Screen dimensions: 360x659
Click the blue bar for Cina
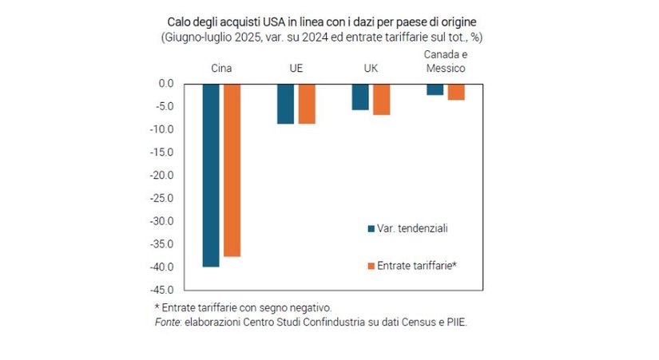tap(211, 175)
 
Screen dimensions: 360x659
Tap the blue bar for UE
tap(285, 104)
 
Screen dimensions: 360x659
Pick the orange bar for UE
tap(307, 104)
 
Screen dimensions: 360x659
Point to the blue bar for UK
tap(360, 97)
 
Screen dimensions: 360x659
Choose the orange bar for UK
tap(381, 99)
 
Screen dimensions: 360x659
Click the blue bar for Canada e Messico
tap(435, 89)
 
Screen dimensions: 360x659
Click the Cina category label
tap(221, 69)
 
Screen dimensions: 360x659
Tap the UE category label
tap(296, 69)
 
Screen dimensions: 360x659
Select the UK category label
tap(371, 69)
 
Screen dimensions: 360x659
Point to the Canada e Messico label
tap(445, 61)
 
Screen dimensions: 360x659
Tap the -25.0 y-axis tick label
tap(163, 198)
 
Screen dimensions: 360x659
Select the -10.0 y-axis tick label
tap(163, 129)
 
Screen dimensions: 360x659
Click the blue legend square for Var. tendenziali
tap(371, 229)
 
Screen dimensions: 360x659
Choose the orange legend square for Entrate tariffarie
tap(371, 265)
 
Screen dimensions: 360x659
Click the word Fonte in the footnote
tap(168, 322)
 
